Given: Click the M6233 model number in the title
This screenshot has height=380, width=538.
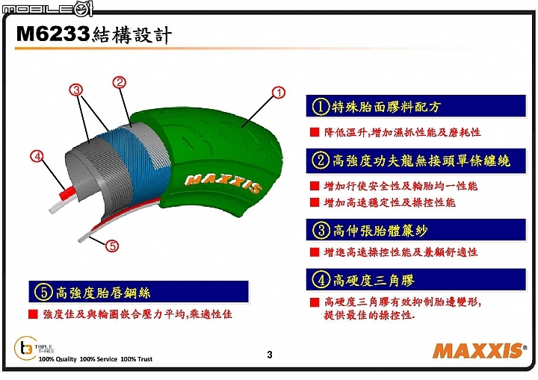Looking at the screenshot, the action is click(x=53, y=34).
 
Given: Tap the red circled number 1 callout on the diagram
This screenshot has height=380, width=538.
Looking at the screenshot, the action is click(x=278, y=93).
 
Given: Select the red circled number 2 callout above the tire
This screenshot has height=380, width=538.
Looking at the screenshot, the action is click(x=120, y=82).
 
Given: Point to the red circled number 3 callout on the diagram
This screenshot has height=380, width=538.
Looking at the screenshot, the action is click(x=76, y=90).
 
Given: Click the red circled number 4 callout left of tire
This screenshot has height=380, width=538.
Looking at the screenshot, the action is click(x=37, y=157).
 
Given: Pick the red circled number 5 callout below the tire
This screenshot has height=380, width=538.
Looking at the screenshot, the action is click(x=112, y=246).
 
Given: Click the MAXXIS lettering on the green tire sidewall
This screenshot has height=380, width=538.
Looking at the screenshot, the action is click(x=223, y=183).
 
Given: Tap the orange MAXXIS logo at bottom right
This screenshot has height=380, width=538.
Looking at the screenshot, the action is click(x=479, y=350).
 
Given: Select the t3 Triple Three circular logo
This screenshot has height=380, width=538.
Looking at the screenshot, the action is click(x=25, y=348).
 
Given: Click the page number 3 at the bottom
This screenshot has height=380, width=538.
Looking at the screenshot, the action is click(x=270, y=355).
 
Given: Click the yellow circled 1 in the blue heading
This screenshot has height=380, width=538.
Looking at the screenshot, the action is click(x=321, y=106).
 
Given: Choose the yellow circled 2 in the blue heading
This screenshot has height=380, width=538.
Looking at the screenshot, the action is click(x=321, y=161).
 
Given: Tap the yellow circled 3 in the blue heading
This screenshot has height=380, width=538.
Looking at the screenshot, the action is click(x=321, y=230).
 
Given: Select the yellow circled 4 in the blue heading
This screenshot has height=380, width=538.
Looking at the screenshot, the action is click(x=321, y=279).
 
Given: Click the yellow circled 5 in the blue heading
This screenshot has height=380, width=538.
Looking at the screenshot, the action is click(x=43, y=292).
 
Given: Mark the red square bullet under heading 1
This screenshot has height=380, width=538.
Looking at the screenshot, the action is click(x=315, y=132).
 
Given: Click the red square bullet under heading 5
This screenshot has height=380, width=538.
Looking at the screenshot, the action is click(x=34, y=314).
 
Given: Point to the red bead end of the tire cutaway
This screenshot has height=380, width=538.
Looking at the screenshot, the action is click(x=67, y=193).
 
